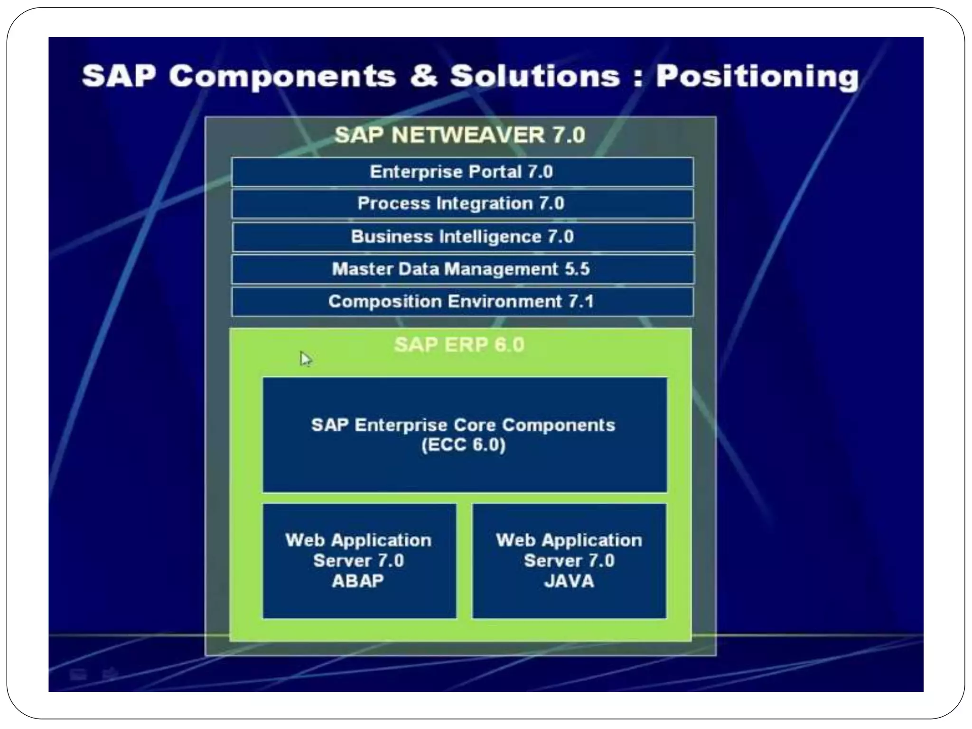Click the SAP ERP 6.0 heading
pyautogui.click(x=459, y=345)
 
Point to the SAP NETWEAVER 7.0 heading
pyautogui.click(x=459, y=135)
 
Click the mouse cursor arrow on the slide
pyautogui.click(x=305, y=358)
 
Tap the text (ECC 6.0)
pyautogui.click(x=463, y=445)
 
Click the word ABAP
pyautogui.click(x=358, y=581)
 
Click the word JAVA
pyautogui.click(x=569, y=581)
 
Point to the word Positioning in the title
pyautogui.click(x=757, y=77)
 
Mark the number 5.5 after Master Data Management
pyautogui.click(x=577, y=269)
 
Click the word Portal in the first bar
pyautogui.click(x=495, y=172)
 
